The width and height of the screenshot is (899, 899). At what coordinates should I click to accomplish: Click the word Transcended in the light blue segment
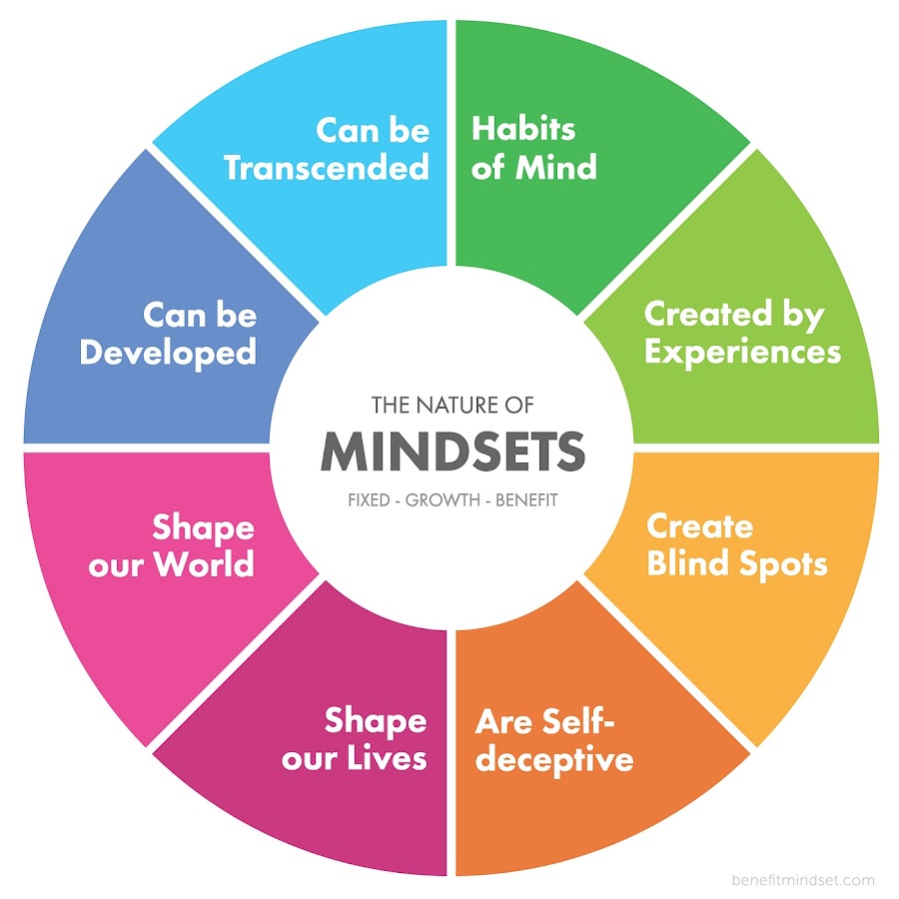(x=327, y=168)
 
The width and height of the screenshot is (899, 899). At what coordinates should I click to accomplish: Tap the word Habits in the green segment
(x=523, y=129)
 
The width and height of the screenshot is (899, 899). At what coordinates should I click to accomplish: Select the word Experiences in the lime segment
(x=742, y=353)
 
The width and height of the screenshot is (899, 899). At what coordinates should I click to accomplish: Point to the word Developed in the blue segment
(x=168, y=353)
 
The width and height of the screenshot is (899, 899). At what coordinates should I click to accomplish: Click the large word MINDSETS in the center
(x=452, y=451)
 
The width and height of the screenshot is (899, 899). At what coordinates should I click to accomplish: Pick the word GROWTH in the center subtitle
(x=443, y=500)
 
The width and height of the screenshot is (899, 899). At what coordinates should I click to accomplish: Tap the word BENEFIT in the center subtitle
(x=526, y=500)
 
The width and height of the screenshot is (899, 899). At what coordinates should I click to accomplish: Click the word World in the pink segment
(x=204, y=563)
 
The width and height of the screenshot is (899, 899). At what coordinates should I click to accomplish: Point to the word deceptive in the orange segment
(x=554, y=760)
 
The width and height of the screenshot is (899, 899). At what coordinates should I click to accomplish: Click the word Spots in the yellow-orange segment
(x=783, y=564)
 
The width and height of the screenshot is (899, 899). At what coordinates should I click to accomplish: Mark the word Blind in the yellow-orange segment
(x=688, y=563)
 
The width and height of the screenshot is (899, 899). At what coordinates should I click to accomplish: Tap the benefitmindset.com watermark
(x=803, y=880)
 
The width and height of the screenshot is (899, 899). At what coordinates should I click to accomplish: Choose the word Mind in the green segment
(x=556, y=168)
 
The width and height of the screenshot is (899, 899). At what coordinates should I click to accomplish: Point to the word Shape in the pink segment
(x=204, y=528)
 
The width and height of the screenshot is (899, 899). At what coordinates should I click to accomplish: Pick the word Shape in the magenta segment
(x=376, y=722)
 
